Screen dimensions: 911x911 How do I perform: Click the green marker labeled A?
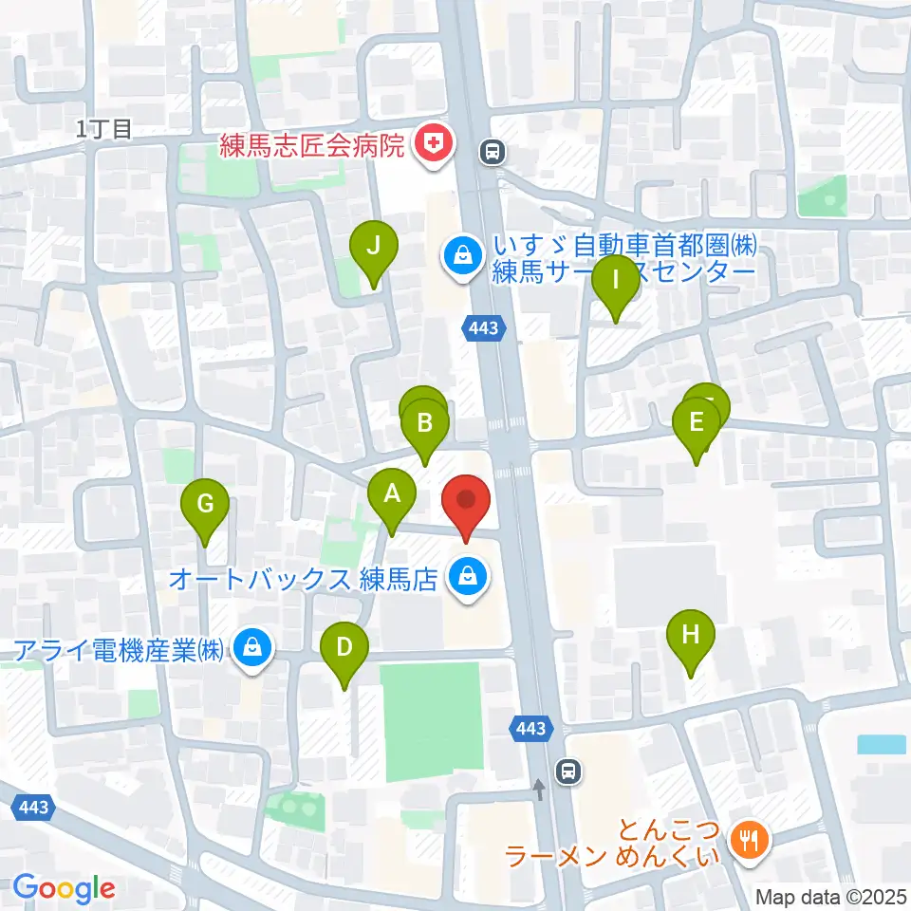pyautogui.click(x=391, y=494)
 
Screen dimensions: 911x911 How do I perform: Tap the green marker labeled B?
pyautogui.click(x=425, y=423)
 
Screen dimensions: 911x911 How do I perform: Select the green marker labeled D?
pyautogui.click(x=344, y=648)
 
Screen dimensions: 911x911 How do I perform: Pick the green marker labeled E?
pyautogui.click(x=697, y=423)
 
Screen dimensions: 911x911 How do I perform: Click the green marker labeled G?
pyautogui.click(x=205, y=504)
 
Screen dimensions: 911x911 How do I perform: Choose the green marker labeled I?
pyautogui.click(x=616, y=281)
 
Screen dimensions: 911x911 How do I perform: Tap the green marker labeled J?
pyautogui.click(x=374, y=247)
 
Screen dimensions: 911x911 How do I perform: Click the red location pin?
pyautogui.click(x=466, y=500)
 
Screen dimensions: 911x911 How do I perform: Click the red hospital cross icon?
pyautogui.click(x=435, y=145)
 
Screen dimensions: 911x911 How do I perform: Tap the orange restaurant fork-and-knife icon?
pyautogui.click(x=750, y=838)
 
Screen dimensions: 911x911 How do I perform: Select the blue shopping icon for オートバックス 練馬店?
pyautogui.click(x=467, y=575)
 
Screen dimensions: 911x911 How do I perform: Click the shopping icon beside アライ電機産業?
pyautogui.click(x=251, y=649)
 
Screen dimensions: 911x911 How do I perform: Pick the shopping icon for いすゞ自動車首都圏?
pyautogui.click(x=461, y=255)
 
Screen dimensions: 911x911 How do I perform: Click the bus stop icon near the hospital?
pyautogui.click(x=493, y=151)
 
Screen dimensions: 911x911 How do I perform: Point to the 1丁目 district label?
pyautogui.click(x=105, y=130)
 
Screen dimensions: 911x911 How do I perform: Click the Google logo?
pyautogui.click(x=64, y=888)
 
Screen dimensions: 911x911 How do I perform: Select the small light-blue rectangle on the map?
pyautogui.click(x=881, y=744)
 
